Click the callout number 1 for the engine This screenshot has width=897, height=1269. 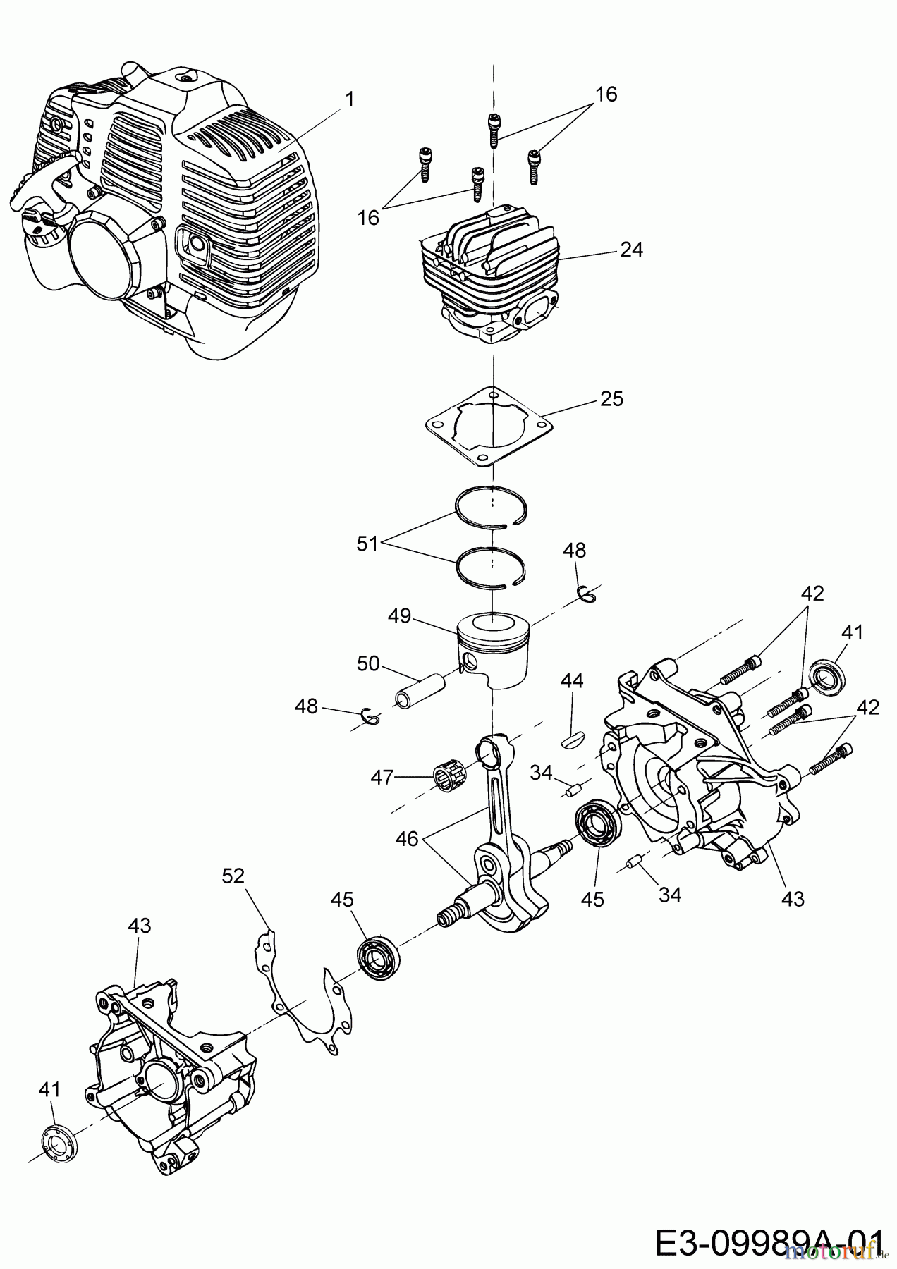point(348,99)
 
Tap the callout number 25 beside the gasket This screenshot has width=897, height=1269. point(612,399)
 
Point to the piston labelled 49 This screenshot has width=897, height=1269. point(494,649)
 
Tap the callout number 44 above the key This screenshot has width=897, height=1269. point(572,680)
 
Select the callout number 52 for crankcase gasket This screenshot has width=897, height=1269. point(233,876)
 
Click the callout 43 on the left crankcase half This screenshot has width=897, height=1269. point(140,925)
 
